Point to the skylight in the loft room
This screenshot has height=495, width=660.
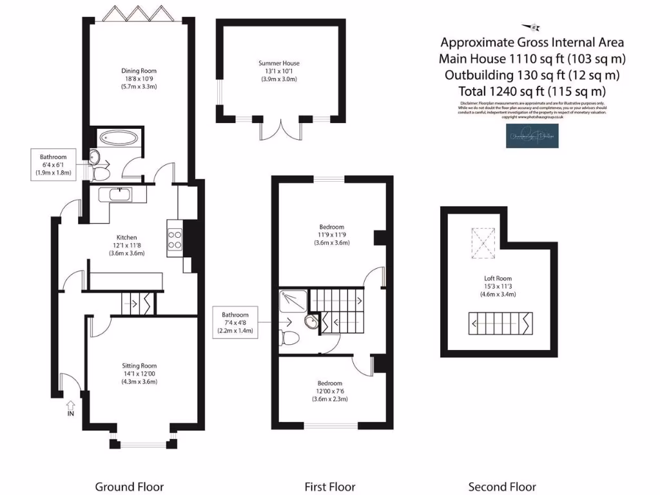pyautogui.click(x=480, y=240)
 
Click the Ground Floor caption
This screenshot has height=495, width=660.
pyautogui.click(x=129, y=487)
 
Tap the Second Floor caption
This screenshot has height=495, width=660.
pyautogui.click(x=501, y=487)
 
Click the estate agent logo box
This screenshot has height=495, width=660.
pyautogui.click(x=532, y=136)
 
